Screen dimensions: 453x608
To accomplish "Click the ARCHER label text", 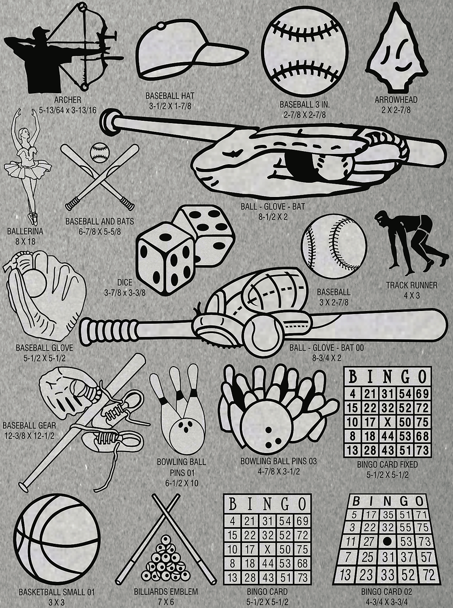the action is coord(68,99).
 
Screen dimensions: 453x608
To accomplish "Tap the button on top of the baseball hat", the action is coord(161,26).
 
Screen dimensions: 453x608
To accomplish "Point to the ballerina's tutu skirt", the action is coord(28,168).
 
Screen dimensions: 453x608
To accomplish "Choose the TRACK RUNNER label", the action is coord(411,285).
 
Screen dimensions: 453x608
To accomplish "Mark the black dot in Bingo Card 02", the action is coord(387,541).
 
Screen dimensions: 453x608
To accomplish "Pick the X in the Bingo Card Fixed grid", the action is coord(387,423).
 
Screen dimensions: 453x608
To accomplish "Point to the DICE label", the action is coord(125,283).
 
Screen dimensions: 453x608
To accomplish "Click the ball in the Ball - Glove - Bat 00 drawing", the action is coord(262,334).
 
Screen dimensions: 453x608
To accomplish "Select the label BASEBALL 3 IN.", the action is coord(305,104).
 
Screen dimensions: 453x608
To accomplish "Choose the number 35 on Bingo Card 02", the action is coord(389,515).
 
